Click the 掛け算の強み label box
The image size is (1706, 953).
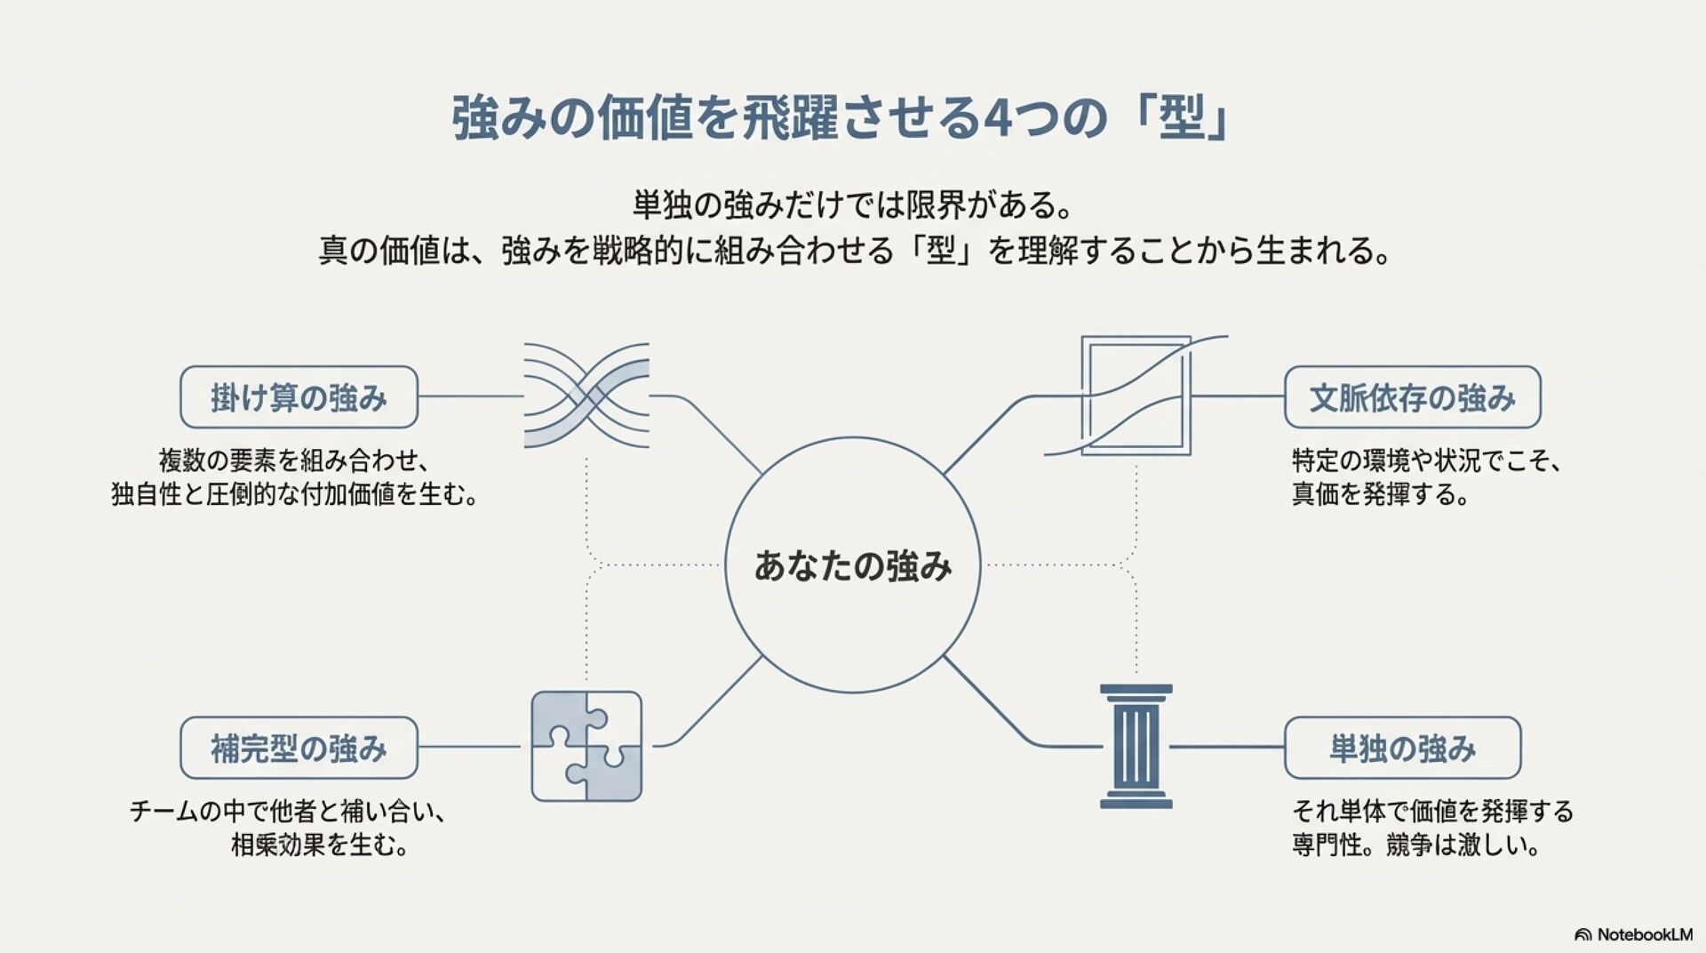coord(299,397)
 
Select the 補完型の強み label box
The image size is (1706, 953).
coord(299,749)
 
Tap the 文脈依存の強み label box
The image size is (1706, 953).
coord(1412,397)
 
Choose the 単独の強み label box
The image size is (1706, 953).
coord(1402,749)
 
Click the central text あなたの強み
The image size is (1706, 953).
coord(853,566)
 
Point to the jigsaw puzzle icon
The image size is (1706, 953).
coord(586,747)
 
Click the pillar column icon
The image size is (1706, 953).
coord(1136,747)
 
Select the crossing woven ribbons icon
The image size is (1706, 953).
coord(586,396)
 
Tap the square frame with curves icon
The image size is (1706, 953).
coord(1136,396)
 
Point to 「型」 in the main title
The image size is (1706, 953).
coord(1182,118)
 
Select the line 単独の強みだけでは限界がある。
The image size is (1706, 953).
coord(852,206)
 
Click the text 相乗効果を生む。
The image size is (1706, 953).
coord(320,845)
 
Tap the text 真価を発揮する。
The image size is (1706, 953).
coord(1380,493)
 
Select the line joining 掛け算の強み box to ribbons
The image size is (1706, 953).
coord(471,396)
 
